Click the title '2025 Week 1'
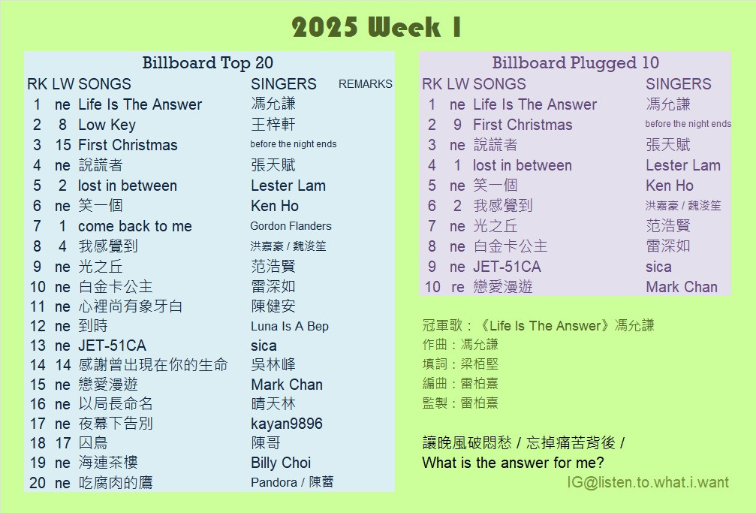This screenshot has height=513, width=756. [x=377, y=27]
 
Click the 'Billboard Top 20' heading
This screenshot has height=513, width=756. [x=207, y=63]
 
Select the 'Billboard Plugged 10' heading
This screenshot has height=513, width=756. [x=575, y=63]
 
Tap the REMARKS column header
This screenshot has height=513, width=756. [x=365, y=84]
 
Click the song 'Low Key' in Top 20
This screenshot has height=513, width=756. [x=107, y=125]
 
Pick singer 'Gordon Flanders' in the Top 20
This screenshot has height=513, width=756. [x=291, y=226]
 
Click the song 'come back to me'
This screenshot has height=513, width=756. [x=135, y=226]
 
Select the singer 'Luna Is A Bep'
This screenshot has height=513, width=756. [x=289, y=326]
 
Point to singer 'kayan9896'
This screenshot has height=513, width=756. [x=286, y=424]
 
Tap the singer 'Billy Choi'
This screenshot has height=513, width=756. [x=281, y=463]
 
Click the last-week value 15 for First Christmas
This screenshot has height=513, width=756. [x=63, y=145]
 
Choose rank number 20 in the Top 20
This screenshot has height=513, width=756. [x=37, y=483]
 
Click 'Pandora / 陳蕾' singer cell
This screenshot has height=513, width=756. [x=292, y=482]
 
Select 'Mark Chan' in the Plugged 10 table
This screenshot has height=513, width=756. [x=681, y=287]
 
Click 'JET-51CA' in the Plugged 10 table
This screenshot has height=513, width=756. [x=507, y=267]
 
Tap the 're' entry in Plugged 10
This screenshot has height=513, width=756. [x=457, y=287]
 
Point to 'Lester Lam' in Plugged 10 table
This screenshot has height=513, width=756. [x=682, y=165]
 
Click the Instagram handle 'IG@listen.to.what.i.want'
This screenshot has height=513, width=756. [x=648, y=482]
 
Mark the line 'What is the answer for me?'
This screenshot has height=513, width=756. [x=513, y=463]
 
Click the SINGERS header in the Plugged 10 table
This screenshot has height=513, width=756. [x=679, y=84]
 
